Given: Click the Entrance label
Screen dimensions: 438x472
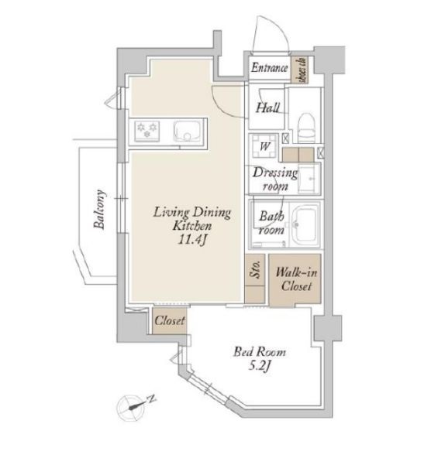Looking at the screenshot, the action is [269, 67].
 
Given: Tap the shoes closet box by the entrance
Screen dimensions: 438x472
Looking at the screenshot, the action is [300, 70].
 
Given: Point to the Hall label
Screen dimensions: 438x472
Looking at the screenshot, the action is [267, 108].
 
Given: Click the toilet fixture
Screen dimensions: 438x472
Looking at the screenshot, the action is [307, 127].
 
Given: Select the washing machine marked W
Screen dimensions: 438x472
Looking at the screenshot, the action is [264, 146].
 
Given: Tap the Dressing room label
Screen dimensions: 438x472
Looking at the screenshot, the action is [275, 179].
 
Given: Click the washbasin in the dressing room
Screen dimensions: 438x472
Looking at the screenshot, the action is [309, 178].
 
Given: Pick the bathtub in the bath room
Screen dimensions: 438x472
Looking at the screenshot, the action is [305, 224].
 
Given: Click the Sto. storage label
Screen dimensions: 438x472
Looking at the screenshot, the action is [255, 269].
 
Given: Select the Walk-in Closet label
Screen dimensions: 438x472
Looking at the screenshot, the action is [296, 279].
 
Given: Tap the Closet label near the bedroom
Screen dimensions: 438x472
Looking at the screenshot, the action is [170, 320].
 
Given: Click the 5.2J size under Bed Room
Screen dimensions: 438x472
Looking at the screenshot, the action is [260, 366].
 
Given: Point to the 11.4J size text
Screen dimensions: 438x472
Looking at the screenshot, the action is [192, 240].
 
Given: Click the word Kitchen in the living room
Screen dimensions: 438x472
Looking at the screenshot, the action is [191, 225].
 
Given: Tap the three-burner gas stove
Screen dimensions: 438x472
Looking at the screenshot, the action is [147, 131].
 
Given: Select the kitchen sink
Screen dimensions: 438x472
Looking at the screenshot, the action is [187, 132].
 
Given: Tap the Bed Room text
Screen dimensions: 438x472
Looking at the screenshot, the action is [260, 352].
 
